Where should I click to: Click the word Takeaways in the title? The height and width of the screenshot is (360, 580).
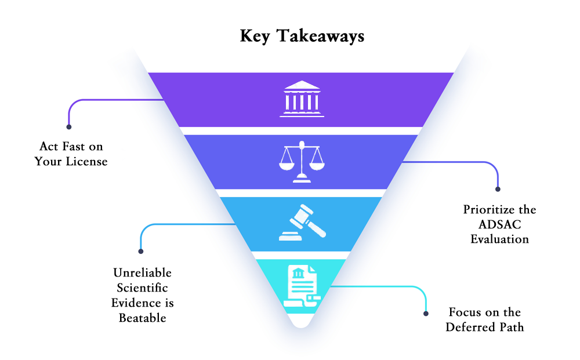[321, 36]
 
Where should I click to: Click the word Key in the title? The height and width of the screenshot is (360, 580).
[255, 36]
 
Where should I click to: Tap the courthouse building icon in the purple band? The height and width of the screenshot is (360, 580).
[302, 99]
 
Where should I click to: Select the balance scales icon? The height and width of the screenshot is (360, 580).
[302, 162]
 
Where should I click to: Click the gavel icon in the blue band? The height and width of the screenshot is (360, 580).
[303, 223]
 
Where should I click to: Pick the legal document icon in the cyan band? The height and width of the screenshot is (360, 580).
[302, 286]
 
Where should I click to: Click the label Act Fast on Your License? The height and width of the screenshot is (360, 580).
[71, 154]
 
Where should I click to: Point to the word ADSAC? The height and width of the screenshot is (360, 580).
[499, 224]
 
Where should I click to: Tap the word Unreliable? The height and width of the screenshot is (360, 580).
[143, 273]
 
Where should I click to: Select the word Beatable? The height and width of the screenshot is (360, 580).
[143, 318]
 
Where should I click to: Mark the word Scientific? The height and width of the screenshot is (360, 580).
[143, 288]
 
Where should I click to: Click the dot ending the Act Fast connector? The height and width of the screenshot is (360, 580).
[69, 127]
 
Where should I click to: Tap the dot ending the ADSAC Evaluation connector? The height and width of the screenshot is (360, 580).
[498, 189]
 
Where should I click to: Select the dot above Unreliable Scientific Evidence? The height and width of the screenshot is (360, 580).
[140, 252]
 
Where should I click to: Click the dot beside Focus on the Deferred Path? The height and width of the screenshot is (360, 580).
[426, 314]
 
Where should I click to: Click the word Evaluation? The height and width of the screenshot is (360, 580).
[499, 239]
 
